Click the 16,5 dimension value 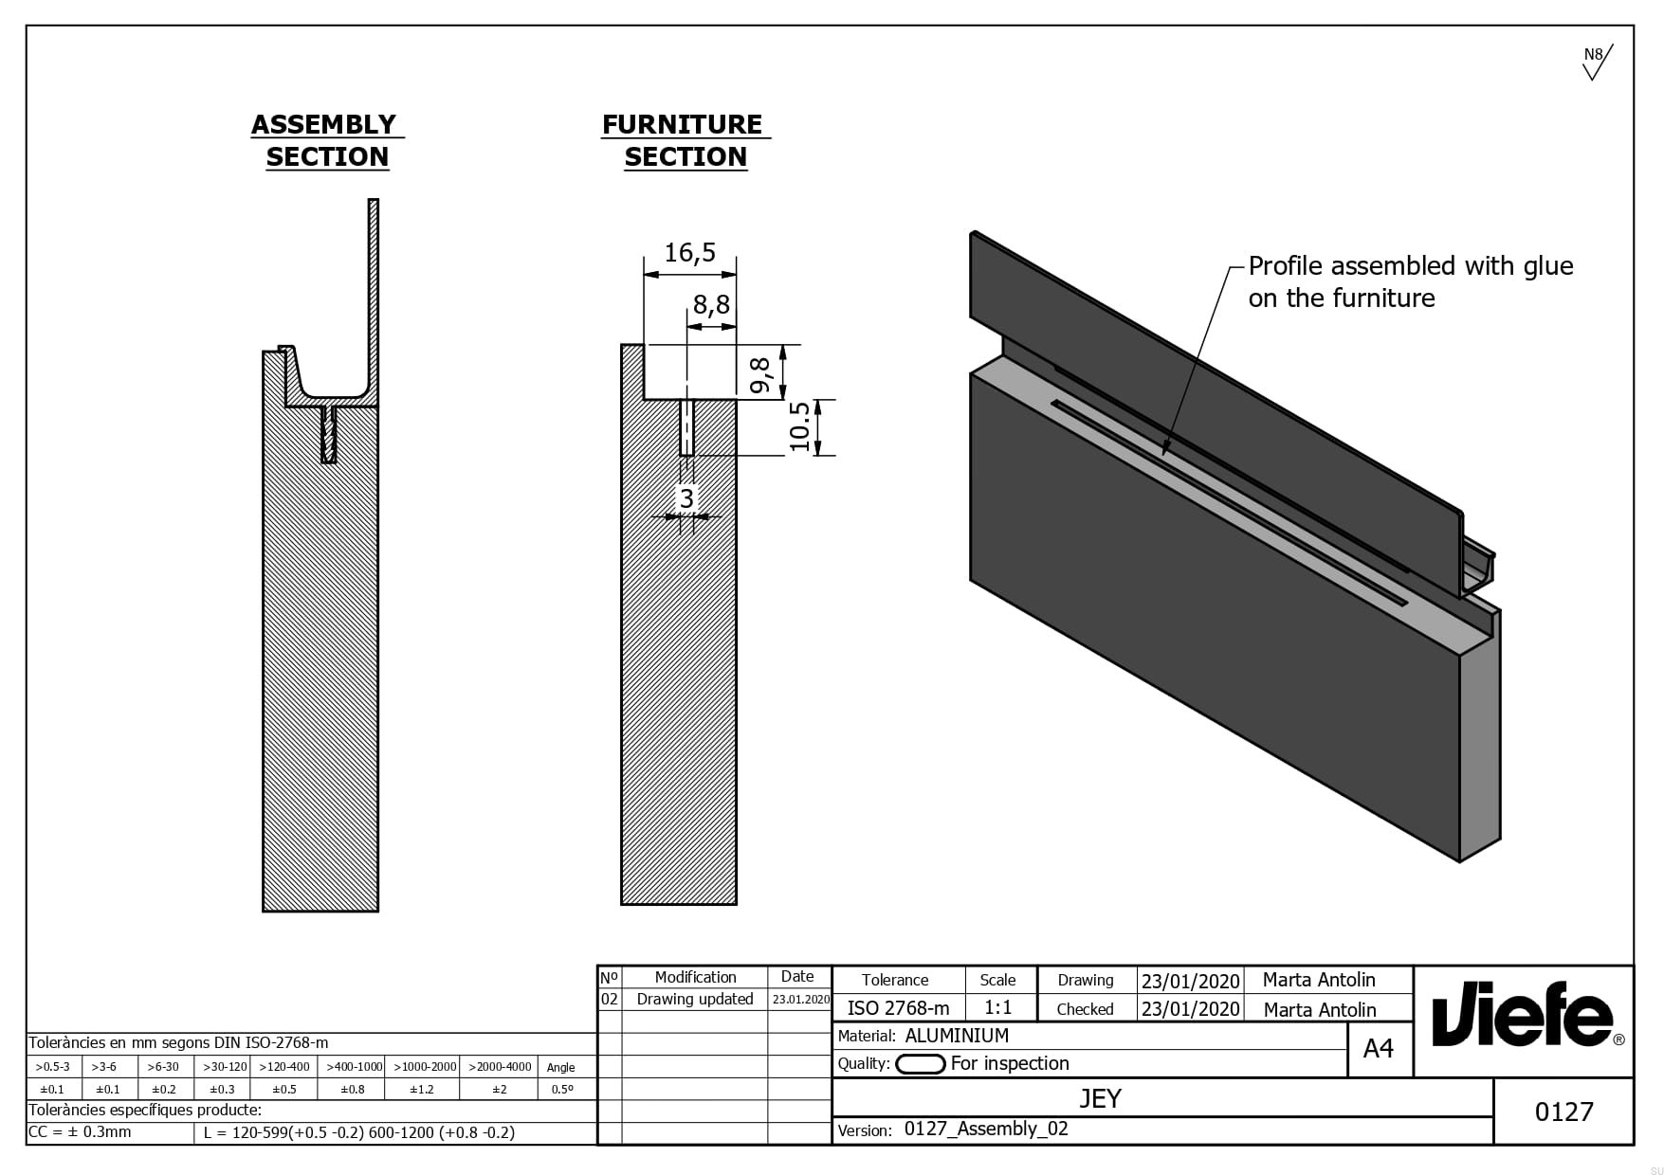(x=689, y=253)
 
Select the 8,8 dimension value (x=711, y=304)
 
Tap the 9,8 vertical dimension (x=760, y=375)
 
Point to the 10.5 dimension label (x=800, y=426)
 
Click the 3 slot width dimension (x=686, y=497)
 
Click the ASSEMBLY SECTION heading (x=326, y=140)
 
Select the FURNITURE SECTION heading (x=685, y=140)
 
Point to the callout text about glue (x=1409, y=281)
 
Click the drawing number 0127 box (x=1563, y=1111)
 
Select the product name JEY (x=1100, y=1098)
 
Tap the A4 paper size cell (x=1378, y=1048)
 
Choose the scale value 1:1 (x=997, y=1007)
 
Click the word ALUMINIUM (x=957, y=1036)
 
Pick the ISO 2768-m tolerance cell (x=897, y=1008)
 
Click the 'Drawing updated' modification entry (x=694, y=999)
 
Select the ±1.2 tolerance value (x=422, y=1089)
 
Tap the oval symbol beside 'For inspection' (x=920, y=1064)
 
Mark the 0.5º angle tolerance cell (x=562, y=1089)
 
